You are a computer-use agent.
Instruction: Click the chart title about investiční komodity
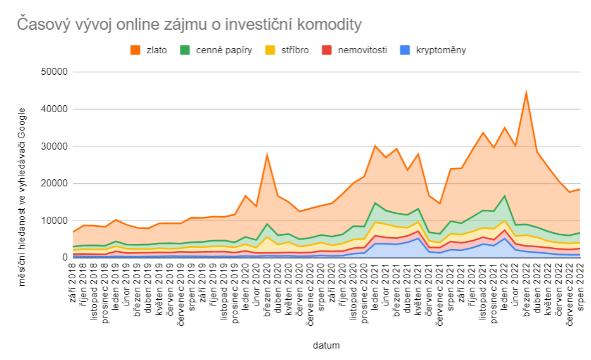(189, 25)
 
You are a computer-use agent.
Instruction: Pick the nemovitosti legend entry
(357, 50)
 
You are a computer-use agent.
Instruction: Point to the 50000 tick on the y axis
(53, 72)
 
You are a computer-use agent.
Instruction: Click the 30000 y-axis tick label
(53, 146)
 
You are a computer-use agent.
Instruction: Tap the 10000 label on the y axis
(53, 221)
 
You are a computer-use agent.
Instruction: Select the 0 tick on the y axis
(64, 258)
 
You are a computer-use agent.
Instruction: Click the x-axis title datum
(326, 346)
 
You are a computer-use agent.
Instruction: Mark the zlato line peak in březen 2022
(526, 93)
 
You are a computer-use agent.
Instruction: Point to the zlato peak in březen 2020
(267, 155)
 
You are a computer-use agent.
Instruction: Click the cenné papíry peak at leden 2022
(505, 196)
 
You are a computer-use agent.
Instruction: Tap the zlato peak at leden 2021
(375, 146)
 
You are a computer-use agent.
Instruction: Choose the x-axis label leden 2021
(375, 284)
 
